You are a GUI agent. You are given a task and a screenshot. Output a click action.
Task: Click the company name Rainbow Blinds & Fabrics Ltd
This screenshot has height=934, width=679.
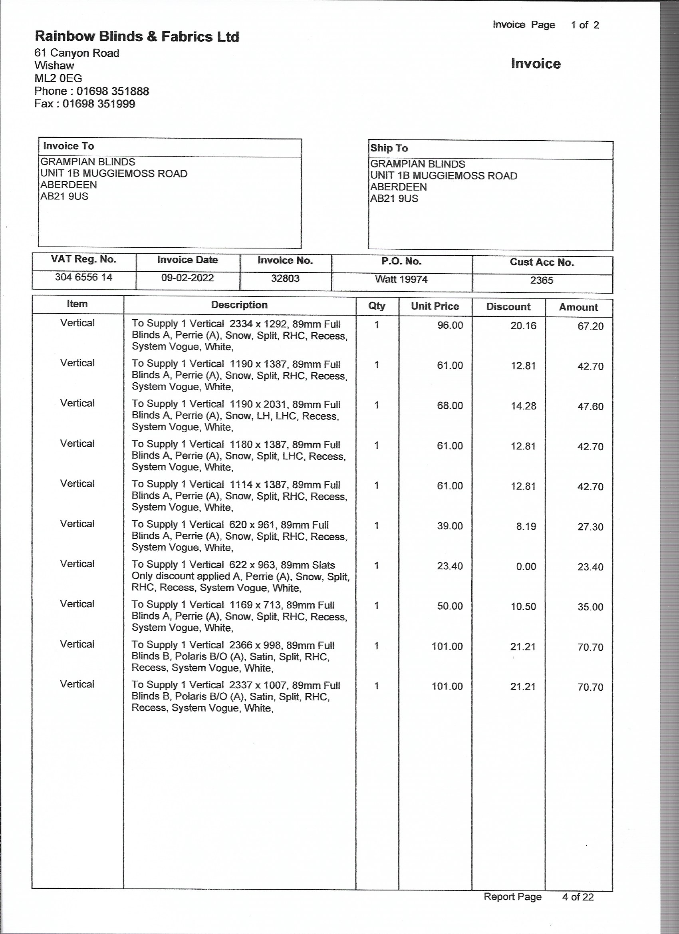[x=137, y=37]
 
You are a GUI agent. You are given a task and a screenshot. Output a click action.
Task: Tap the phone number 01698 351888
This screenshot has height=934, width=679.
[x=112, y=91]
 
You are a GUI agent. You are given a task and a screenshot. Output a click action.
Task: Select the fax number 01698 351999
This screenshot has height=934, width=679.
[x=99, y=104]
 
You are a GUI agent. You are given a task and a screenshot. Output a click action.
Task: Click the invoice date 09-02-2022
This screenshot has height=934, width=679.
[x=187, y=278]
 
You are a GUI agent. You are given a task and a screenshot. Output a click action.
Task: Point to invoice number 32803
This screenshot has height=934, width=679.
[x=285, y=279]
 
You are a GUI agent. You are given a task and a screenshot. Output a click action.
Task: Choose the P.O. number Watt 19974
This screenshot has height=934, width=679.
[x=401, y=280]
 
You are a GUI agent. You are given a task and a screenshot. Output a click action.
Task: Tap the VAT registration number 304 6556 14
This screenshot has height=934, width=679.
[x=83, y=277]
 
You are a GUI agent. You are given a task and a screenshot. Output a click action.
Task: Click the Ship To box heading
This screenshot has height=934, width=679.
[x=389, y=148]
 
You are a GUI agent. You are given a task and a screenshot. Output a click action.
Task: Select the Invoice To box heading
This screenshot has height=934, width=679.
[x=69, y=146]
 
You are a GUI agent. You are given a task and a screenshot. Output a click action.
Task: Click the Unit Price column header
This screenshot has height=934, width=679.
[x=435, y=306]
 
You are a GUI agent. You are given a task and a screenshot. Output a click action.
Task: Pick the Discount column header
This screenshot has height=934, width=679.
[x=508, y=307]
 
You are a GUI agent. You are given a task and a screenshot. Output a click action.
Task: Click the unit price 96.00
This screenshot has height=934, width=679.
[x=450, y=325]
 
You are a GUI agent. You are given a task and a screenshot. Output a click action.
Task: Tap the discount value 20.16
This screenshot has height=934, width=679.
[x=523, y=326]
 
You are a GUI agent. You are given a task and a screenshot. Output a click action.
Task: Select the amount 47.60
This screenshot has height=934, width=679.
[x=590, y=406]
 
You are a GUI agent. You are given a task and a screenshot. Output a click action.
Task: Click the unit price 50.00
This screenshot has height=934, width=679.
[x=450, y=606]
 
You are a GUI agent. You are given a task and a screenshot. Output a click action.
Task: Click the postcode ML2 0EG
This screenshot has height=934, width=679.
[x=58, y=78]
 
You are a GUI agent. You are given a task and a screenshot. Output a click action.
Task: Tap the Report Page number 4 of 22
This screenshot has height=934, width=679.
[x=578, y=897]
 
